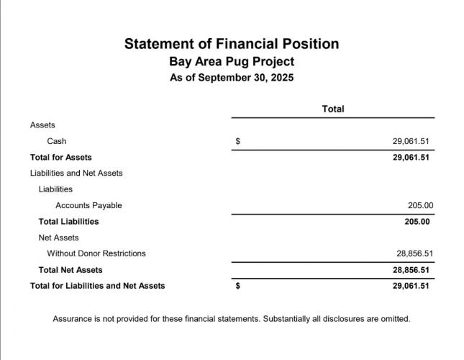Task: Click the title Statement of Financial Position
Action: [232, 44]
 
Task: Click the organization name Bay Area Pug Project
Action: [232, 62]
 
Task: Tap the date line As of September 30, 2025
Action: [232, 78]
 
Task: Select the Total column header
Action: [333, 109]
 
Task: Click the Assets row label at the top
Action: [42, 125]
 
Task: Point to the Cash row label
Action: [57, 141]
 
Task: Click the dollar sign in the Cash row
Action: [238, 141]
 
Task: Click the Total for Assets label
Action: [60, 157]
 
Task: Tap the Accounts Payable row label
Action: [88, 205]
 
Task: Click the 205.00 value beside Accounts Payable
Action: [420, 205]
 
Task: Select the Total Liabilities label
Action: [68, 222]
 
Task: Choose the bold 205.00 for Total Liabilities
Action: [417, 222]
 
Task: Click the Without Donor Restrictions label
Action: [96, 253]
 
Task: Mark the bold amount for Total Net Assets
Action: [411, 270]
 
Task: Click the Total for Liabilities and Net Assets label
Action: [97, 286]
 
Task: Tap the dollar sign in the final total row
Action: [238, 286]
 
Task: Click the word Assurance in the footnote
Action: [73, 318]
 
